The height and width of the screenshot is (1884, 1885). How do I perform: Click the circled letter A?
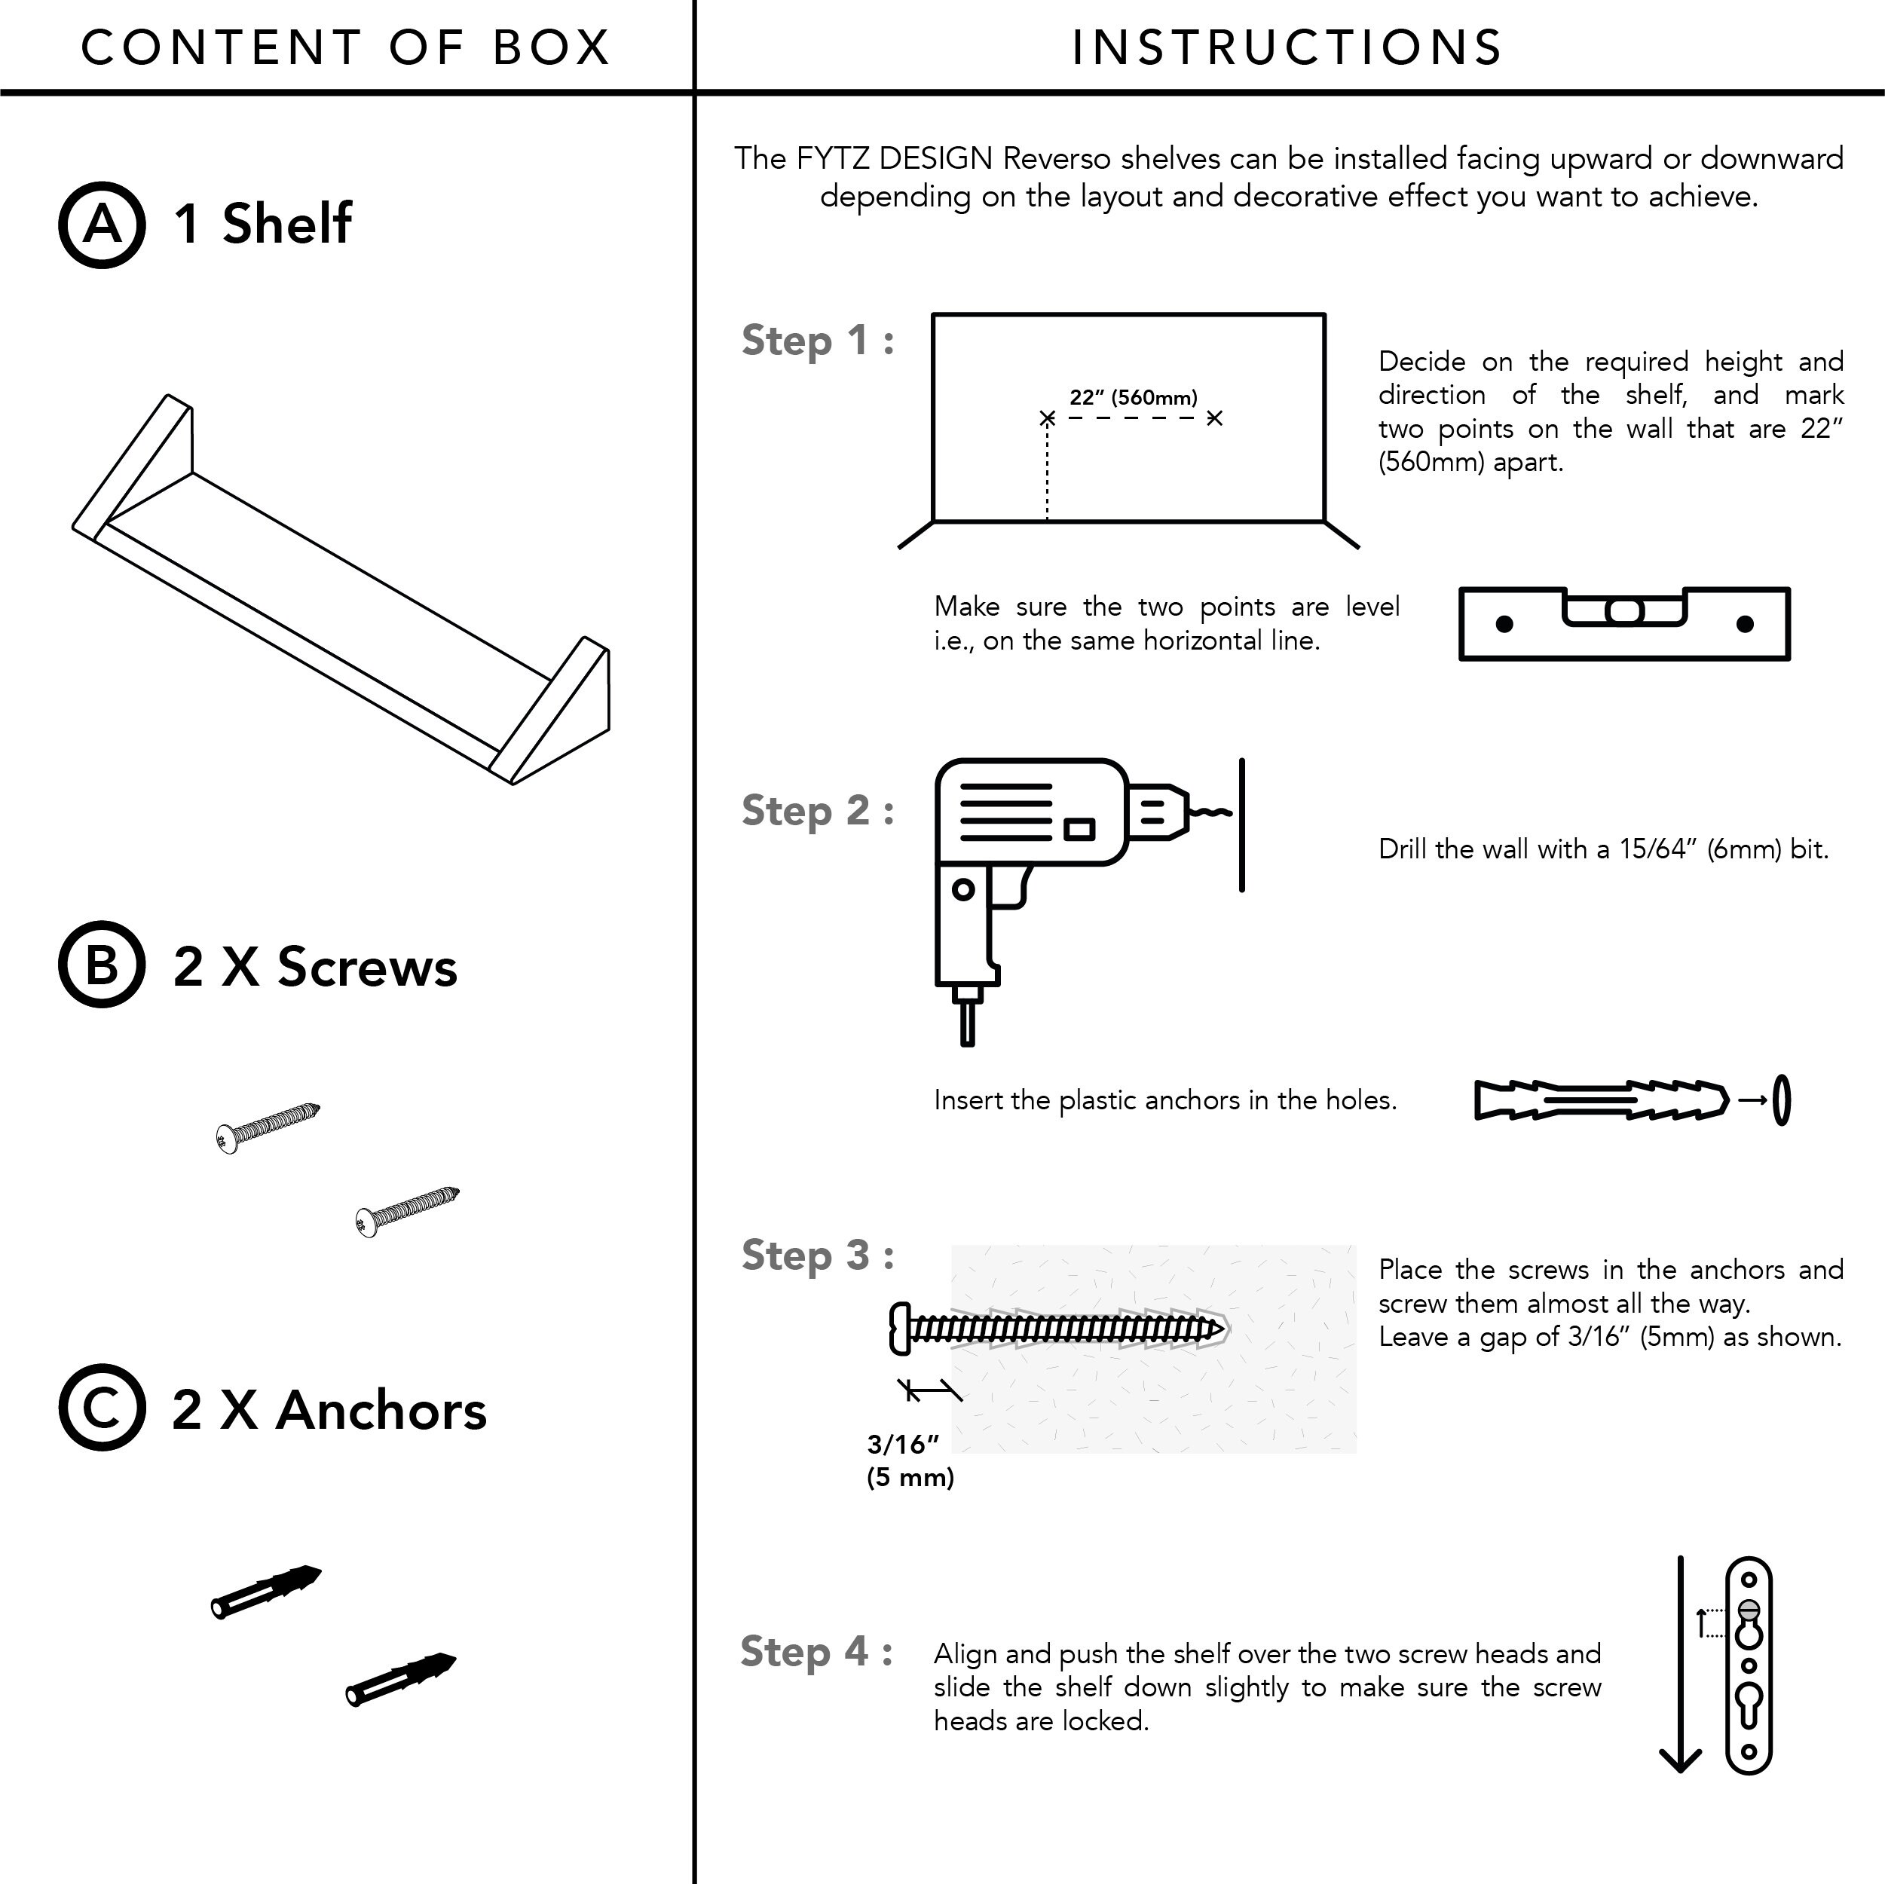(103, 225)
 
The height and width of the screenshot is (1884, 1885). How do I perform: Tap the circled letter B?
(103, 964)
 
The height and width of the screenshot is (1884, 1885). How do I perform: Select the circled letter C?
(103, 1407)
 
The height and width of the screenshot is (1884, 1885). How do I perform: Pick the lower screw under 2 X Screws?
(407, 1212)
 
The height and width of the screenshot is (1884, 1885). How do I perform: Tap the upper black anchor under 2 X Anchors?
(266, 1592)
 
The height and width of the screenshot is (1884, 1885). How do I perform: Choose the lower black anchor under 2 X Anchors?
(401, 1679)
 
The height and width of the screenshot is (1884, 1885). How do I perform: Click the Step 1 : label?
(818, 341)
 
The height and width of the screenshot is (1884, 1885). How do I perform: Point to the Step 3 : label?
(818, 1255)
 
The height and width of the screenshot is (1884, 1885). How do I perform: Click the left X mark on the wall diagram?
(1047, 418)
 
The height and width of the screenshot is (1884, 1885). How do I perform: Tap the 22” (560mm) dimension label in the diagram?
(1133, 397)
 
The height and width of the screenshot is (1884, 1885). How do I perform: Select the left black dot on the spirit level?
(1504, 623)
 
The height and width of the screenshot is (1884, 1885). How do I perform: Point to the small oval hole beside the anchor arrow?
(1782, 1100)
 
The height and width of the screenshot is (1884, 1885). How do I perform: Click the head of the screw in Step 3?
(901, 1328)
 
